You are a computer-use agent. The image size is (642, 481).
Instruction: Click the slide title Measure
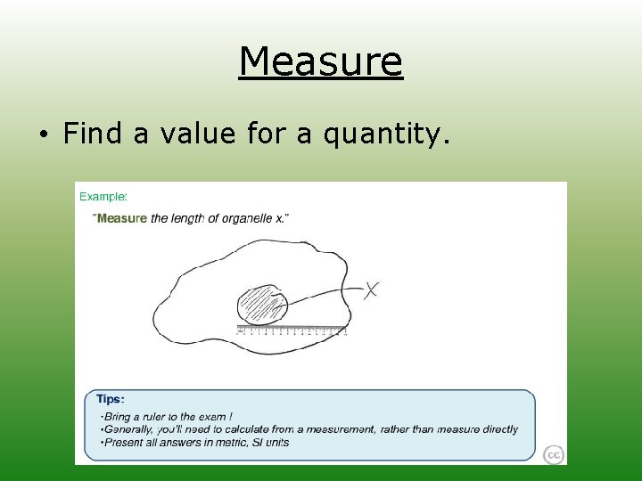[x=321, y=62]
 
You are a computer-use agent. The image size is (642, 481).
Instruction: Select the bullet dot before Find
[x=42, y=135]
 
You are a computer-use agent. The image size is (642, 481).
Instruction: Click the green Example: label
[x=103, y=196]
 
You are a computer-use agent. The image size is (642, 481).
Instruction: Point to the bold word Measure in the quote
[x=121, y=219]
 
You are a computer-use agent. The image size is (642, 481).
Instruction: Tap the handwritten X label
[x=371, y=289]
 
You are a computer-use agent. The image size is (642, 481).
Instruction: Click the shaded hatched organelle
[x=262, y=306]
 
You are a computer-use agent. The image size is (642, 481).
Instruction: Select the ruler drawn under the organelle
[x=292, y=330]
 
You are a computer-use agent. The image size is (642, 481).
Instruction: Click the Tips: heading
[x=111, y=400]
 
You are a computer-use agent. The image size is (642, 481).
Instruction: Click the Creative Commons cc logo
[x=554, y=454]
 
